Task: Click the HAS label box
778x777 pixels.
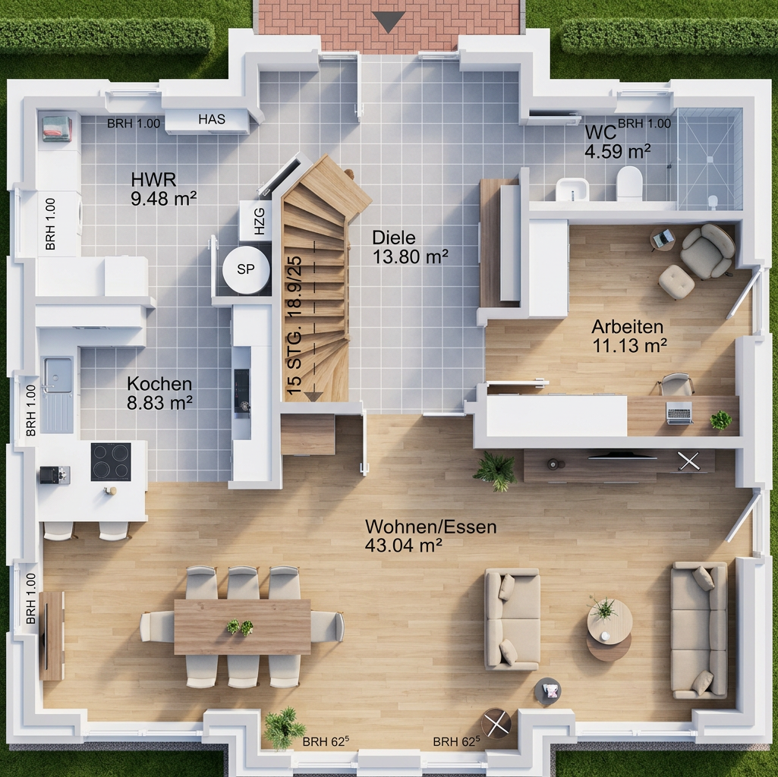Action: tap(207, 120)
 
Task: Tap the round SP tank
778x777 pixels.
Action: tap(246, 269)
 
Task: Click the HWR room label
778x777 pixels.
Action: tap(153, 178)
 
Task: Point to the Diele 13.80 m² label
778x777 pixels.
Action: tap(411, 247)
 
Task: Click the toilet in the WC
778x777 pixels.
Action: tap(629, 183)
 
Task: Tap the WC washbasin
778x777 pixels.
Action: tap(572, 190)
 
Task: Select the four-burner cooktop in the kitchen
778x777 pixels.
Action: tap(111, 462)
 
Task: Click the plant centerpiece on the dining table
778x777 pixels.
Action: tap(240, 627)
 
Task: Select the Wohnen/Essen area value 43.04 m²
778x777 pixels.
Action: tap(403, 546)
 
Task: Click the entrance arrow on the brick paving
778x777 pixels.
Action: tap(389, 23)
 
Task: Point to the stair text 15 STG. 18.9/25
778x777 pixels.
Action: tap(294, 326)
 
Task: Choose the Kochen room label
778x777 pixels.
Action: tap(159, 383)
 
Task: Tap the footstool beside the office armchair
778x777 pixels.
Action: tap(676, 282)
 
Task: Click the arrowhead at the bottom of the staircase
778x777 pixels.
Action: tap(313, 396)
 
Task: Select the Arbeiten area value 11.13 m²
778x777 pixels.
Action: tap(630, 345)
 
